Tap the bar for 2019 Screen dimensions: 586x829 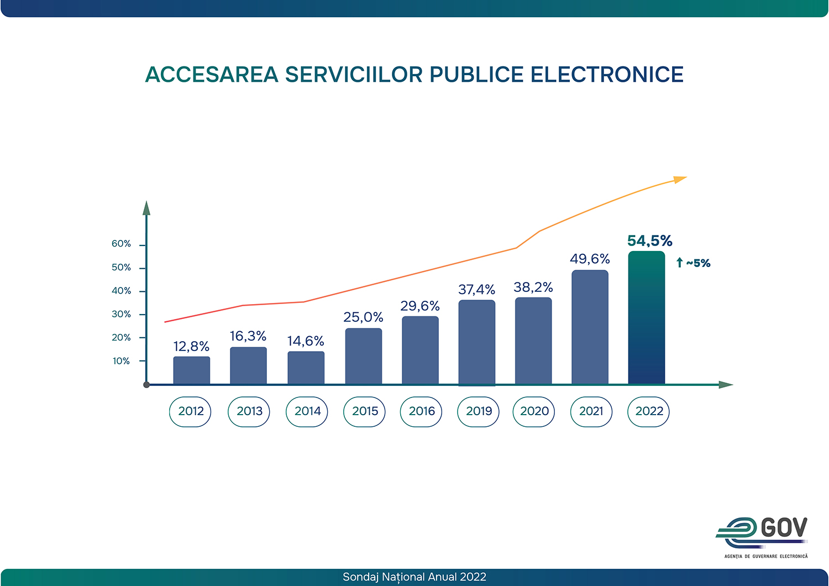point(476,342)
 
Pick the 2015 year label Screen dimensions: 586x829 point(365,411)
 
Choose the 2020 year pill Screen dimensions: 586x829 point(534,411)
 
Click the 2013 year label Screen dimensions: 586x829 point(249,411)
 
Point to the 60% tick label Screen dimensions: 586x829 point(121,244)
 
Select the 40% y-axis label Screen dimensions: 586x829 point(121,291)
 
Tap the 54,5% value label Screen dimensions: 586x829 point(649,241)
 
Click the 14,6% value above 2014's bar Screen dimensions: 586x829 point(306,341)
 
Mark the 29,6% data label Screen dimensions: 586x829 point(420,306)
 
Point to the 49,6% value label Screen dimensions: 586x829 point(590,259)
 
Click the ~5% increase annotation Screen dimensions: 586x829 point(694,263)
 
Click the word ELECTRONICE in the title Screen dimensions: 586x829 point(607,75)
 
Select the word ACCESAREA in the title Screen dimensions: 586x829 point(212,75)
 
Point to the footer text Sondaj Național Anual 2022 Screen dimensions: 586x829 point(414,577)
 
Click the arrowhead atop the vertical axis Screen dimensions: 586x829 point(146,208)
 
